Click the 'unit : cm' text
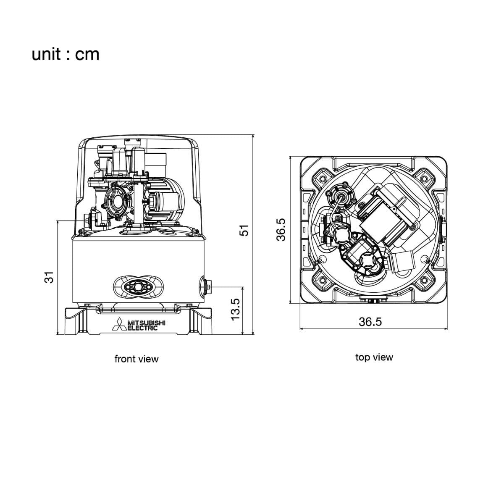tap(66, 55)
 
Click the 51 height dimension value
tap(244, 230)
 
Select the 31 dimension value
tap(49, 277)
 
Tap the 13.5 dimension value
tap(235, 309)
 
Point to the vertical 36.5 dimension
tap(281, 230)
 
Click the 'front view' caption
tap(136, 359)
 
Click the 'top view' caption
tap(374, 357)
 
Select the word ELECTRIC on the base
tap(143, 328)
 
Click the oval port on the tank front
tap(138, 287)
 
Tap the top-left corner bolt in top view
tap(322, 179)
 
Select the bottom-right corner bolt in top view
tap(424, 281)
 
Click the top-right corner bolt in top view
tap(424, 179)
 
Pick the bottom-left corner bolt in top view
tap(322, 281)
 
